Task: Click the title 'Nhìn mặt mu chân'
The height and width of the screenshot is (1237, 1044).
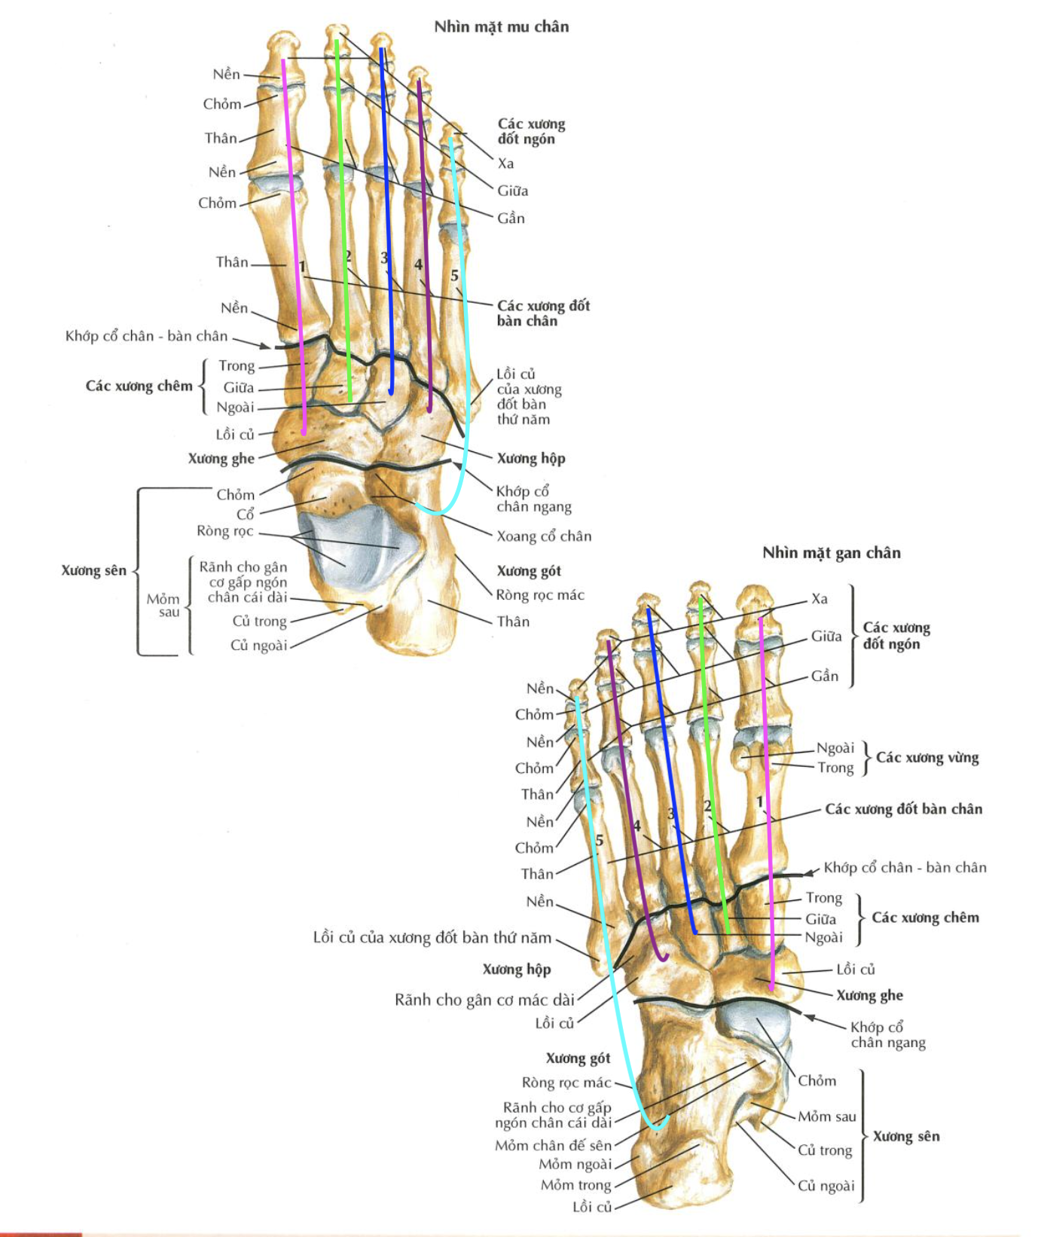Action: (x=501, y=27)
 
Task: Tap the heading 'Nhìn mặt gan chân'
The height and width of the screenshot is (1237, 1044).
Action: (x=831, y=553)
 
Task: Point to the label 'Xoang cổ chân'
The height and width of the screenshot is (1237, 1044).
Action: (x=543, y=536)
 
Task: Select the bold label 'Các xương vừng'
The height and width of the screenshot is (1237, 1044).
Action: (x=926, y=758)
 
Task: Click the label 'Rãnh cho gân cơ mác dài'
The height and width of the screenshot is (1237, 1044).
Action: (x=484, y=1000)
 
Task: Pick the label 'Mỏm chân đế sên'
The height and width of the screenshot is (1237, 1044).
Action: (x=553, y=1145)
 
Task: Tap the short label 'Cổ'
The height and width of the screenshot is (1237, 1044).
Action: (x=246, y=515)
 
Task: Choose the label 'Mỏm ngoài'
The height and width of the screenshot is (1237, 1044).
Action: (x=575, y=1165)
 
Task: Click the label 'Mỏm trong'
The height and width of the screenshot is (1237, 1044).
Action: (x=575, y=1185)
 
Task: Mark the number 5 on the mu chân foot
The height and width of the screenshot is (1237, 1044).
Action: (x=454, y=276)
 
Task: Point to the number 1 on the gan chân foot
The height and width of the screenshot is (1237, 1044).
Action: (x=760, y=802)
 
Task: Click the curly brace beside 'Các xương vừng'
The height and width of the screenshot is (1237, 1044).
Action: (x=866, y=758)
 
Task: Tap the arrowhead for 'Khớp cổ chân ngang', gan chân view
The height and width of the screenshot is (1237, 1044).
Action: (x=809, y=1017)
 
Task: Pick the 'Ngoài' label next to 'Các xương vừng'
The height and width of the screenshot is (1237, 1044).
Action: (x=835, y=748)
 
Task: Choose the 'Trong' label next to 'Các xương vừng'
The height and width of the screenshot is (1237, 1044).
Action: (x=835, y=768)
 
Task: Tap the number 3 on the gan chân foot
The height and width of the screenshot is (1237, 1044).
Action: (x=671, y=814)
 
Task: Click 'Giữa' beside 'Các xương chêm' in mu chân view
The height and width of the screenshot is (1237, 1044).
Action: (x=238, y=388)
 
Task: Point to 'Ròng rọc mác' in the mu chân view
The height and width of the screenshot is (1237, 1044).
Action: (x=539, y=595)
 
